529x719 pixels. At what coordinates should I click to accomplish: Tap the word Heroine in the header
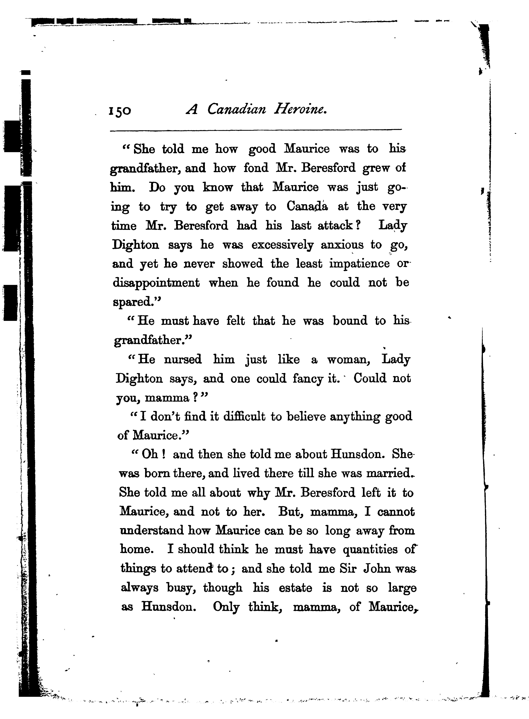pyautogui.click(x=300, y=110)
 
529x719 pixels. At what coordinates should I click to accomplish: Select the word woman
pyautogui.click(x=348, y=360)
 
